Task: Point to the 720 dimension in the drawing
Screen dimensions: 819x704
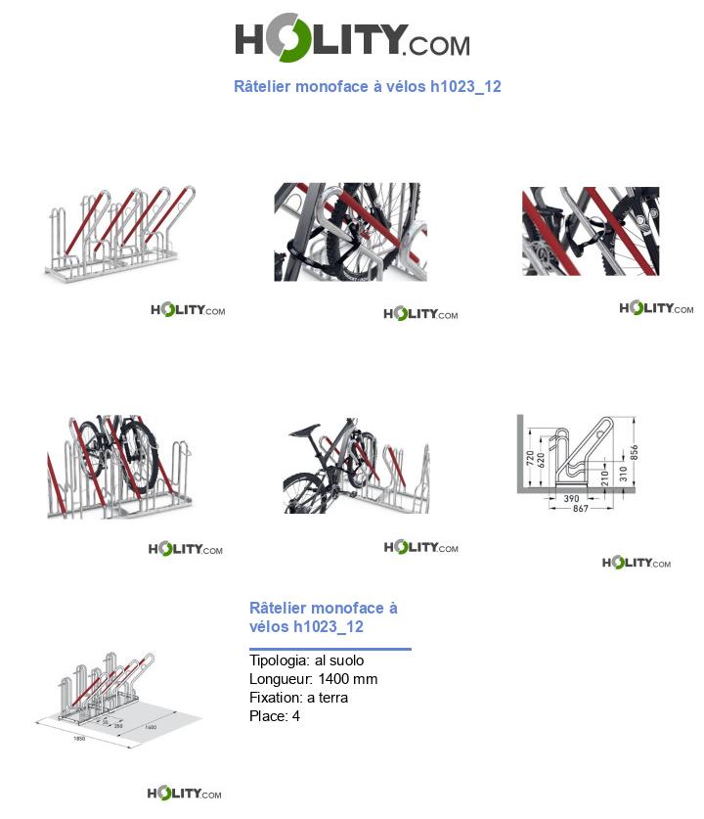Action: click(529, 457)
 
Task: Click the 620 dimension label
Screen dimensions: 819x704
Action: click(543, 462)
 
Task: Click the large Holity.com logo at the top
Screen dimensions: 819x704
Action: click(352, 41)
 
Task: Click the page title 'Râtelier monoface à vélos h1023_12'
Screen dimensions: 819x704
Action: click(367, 87)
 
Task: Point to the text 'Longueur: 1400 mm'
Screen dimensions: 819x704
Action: click(313, 679)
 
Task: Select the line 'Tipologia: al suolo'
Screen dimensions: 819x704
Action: click(306, 660)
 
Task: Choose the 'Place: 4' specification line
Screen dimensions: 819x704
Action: click(275, 716)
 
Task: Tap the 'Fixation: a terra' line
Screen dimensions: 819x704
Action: click(298, 698)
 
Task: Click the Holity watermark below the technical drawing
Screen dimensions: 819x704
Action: click(637, 563)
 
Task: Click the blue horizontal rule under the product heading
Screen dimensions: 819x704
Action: click(330, 648)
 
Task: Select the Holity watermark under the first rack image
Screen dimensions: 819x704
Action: click(188, 310)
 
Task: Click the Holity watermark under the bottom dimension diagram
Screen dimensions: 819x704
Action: click(184, 793)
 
